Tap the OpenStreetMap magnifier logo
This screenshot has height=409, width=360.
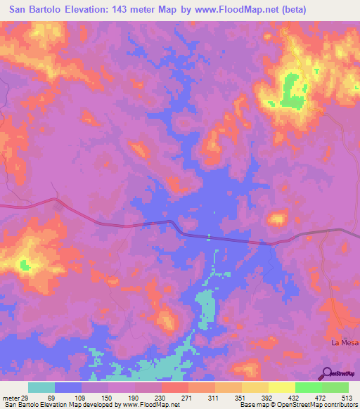pyautogui.click(x=327, y=374)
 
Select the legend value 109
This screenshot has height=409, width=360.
pyautogui.click(x=81, y=398)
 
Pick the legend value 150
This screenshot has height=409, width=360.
pyautogui.click(x=108, y=398)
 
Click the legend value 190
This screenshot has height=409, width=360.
pyautogui.click(x=134, y=398)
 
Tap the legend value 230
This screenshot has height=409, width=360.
pyautogui.click(x=161, y=398)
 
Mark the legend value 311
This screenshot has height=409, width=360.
pyautogui.click(x=214, y=398)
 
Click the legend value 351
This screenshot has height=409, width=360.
pyautogui.click(x=241, y=398)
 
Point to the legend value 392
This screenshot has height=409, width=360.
pyautogui.click(x=268, y=398)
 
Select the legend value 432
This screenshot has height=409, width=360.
pyautogui.click(x=295, y=398)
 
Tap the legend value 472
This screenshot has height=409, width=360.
pyautogui.click(x=321, y=398)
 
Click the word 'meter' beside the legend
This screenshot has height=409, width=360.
pyautogui.click(x=10, y=398)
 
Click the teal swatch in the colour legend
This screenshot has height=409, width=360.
pyautogui.click(x=41, y=387)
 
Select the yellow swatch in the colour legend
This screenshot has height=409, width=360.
pyautogui.click(x=282, y=387)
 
